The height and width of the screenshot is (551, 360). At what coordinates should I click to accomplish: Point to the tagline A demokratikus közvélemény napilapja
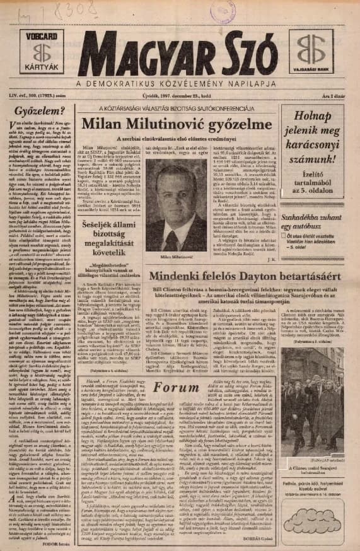click(180, 83)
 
